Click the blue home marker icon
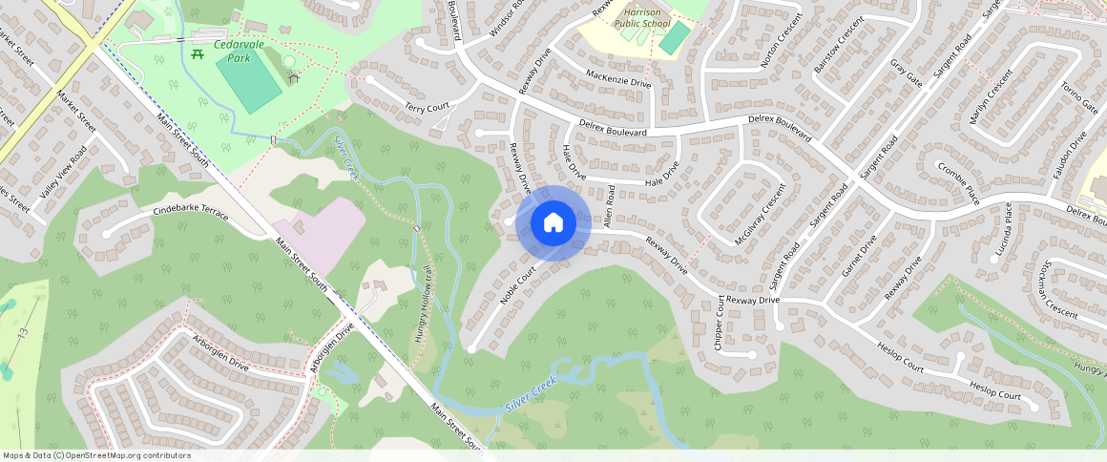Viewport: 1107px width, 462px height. (553, 223)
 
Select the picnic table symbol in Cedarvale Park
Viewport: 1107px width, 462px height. (198, 54)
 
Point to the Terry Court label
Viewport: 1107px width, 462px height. (427, 107)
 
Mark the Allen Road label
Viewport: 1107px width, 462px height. (610, 207)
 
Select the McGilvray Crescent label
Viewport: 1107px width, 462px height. (761, 214)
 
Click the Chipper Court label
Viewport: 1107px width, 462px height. (720, 322)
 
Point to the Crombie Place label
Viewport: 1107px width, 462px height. (958, 182)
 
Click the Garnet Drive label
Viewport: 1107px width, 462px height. (858, 258)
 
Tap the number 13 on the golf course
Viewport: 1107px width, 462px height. (23, 331)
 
